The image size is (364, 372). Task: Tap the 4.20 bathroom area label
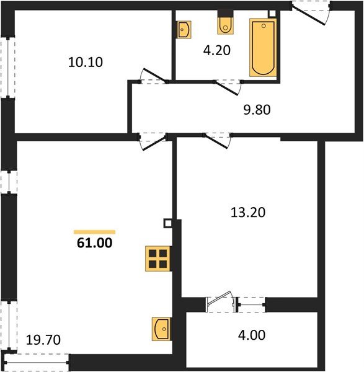point(218,51)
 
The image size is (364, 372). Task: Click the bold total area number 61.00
point(94,243)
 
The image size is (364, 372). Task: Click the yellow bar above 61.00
point(94,231)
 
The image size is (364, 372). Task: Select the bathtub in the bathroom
point(262,48)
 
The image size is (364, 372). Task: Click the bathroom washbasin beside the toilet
point(184,30)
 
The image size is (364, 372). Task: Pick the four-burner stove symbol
point(158,258)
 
